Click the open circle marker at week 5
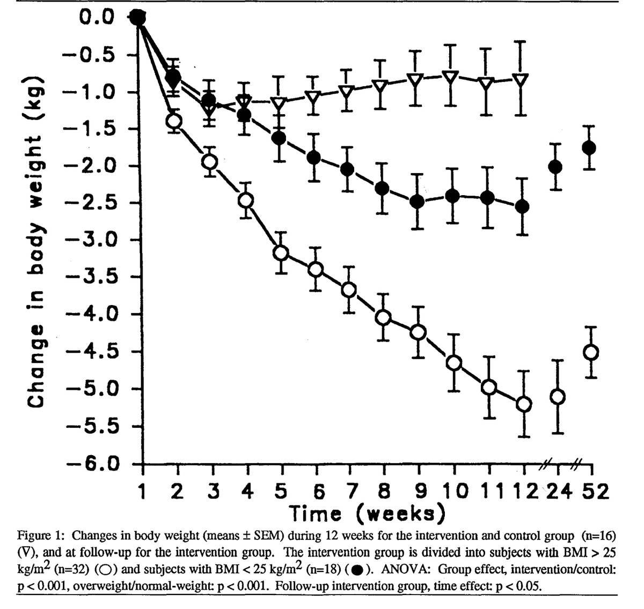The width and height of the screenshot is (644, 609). (280, 252)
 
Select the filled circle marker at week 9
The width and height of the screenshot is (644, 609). (417, 202)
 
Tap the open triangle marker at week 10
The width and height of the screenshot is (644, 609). (451, 77)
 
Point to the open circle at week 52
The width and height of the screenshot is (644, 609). (591, 352)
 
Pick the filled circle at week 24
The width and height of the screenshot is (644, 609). (555, 167)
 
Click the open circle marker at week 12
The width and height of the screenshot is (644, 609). (524, 404)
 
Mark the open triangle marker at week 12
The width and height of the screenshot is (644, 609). (520, 79)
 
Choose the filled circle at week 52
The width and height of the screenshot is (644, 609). (589, 147)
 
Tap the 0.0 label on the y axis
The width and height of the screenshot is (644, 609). (97, 17)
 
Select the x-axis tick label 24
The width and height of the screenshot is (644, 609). (561, 491)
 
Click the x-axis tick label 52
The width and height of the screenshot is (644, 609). (596, 491)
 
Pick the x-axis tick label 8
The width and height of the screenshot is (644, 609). (383, 491)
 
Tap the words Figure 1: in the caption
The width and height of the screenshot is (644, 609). (41, 536)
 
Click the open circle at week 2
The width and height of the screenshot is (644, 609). (174, 121)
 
